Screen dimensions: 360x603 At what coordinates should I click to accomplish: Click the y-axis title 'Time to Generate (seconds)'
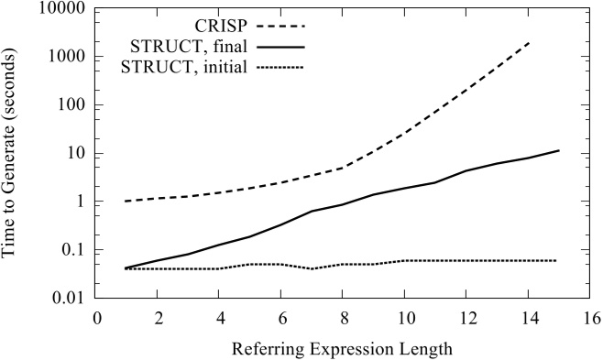(16, 153)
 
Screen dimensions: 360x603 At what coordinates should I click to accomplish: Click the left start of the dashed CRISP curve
(126, 202)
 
